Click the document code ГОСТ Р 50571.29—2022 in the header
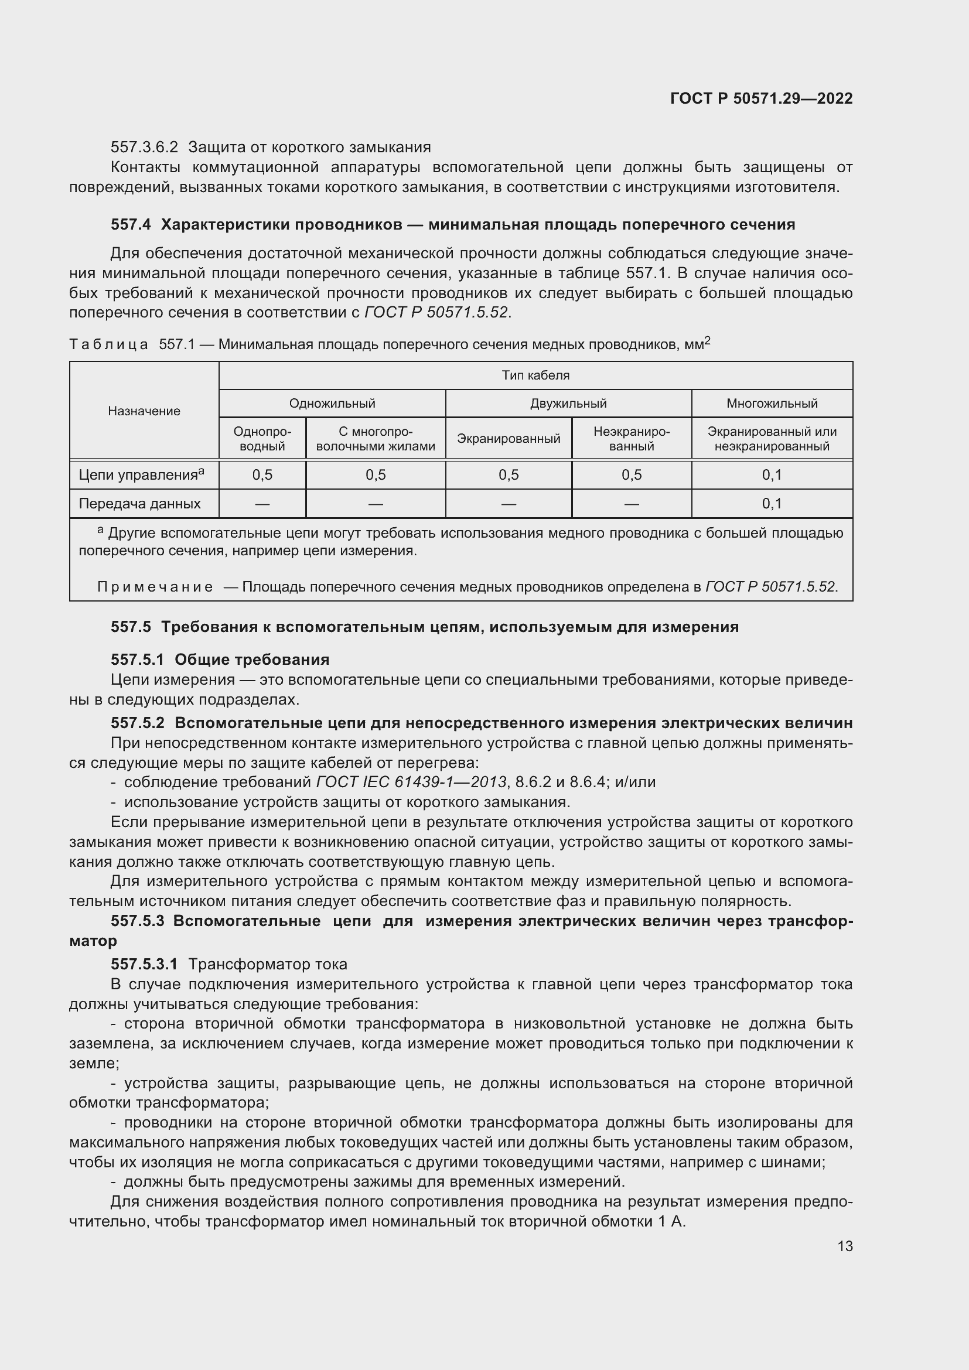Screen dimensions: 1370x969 (762, 98)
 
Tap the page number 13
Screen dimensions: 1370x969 (845, 1246)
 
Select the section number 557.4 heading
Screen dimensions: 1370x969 (131, 225)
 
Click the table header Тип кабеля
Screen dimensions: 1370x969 (535, 375)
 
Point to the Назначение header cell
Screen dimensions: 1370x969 (144, 411)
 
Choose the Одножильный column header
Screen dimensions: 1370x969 (332, 404)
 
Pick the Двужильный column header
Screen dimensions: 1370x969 (568, 404)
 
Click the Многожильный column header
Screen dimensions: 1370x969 (772, 404)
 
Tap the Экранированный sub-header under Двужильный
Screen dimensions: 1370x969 (509, 439)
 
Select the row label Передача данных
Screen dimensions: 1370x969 (139, 504)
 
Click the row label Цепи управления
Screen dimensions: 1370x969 (138, 476)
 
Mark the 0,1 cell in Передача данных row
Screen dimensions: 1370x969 (772, 504)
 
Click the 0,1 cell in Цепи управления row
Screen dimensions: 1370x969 (772, 475)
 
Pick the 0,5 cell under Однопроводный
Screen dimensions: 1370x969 (262, 475)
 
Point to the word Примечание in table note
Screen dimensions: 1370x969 (155, 587)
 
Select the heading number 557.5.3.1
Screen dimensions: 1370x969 (144, 964)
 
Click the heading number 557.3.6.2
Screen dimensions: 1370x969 (144, 148)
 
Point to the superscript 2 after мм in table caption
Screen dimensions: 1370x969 (707, 341)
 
